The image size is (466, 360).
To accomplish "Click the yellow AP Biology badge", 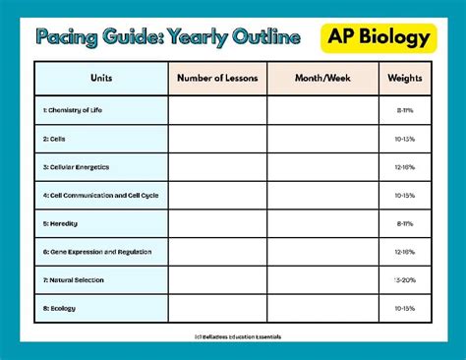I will pos(379,37).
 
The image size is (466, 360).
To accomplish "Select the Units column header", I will pos(100,79).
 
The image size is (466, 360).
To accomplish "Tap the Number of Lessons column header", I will pos(216,79).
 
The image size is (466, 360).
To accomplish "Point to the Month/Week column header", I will pos(321,79).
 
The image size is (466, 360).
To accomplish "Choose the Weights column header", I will pos(404,79).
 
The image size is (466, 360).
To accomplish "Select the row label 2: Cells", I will pos(53,139).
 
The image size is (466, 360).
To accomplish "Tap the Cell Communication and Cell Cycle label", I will pos(100,195).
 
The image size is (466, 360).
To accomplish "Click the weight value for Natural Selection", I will pos(404,280).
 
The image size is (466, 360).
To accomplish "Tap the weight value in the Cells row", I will pos(404,139).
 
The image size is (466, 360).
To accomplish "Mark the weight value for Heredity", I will pos(404,223).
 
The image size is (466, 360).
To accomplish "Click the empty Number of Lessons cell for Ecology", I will pos(216,308).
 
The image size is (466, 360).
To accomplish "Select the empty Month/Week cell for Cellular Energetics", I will pos(321,167).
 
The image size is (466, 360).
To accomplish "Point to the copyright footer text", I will pos(232,335).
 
